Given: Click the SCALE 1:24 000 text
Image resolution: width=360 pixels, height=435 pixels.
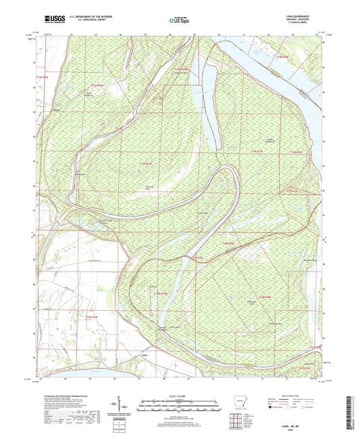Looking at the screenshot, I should (x=178, y=396).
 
